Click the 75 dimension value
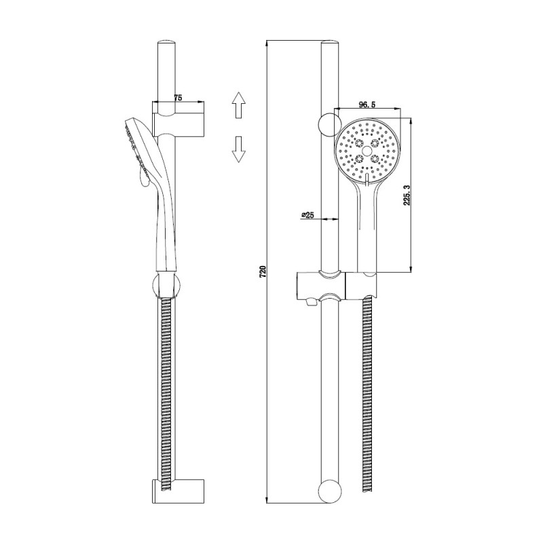coord(178,98)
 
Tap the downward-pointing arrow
coord(238,148)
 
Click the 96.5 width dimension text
coord(367,105)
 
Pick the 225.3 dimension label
coord(407,195)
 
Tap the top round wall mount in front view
coord(328,124)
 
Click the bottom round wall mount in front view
coord(329,491)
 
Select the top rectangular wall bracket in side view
coord(179,124)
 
